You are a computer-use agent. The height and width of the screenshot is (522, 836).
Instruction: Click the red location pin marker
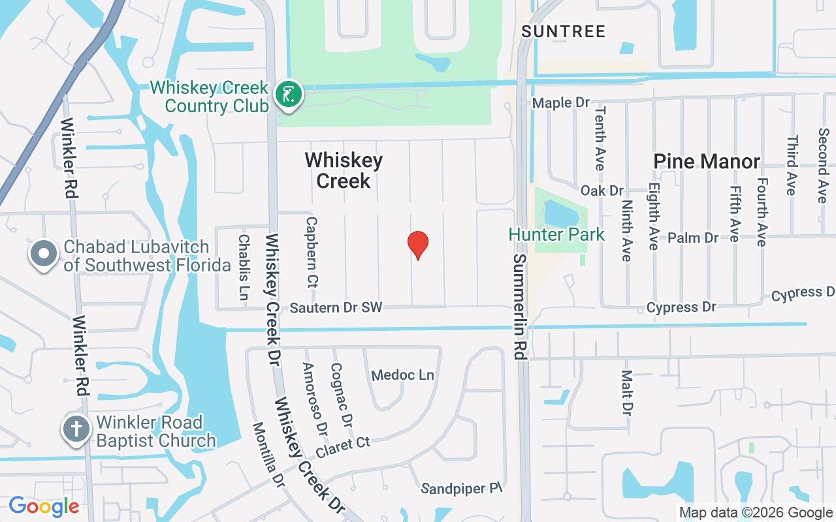[418, 245]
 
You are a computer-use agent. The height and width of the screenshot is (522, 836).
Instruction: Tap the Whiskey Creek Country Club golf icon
[288, 94]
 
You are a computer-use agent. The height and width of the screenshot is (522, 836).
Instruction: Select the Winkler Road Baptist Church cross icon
[76, 429]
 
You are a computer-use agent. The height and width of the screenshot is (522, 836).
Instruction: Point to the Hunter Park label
[556, 234]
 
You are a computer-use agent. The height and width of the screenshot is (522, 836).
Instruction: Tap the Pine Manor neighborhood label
[707, 161]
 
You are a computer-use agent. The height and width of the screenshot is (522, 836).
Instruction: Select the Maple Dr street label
[561, 103]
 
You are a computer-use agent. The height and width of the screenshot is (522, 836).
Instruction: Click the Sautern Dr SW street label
[336, 307]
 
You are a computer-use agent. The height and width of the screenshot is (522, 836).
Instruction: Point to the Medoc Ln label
[402, 375]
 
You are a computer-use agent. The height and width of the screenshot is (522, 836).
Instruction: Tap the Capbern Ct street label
[311, 253]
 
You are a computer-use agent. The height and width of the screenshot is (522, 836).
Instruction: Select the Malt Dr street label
[627, 393]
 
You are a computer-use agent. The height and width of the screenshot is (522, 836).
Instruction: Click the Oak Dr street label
[602, 191]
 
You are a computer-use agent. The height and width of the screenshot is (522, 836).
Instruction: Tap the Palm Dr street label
[693, 238]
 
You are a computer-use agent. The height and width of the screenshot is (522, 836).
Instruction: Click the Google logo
[44, 506]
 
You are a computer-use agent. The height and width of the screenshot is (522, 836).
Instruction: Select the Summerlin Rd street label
[520, 307]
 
